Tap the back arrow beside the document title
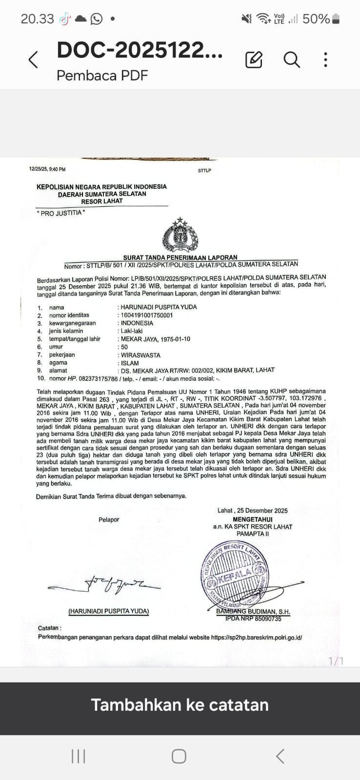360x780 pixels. point(33,60)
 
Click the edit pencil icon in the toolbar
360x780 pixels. point(254,59)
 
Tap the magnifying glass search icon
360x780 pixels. point(291,59)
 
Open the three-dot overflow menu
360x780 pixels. point(325,59)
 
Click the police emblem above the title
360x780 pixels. point(180,235)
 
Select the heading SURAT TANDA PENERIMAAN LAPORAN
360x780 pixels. point(180,257)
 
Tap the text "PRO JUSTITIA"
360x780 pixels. point(61,213)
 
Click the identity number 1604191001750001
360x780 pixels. point(147,315)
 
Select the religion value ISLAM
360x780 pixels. point(130,363)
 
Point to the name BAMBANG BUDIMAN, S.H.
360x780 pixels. point(253,611)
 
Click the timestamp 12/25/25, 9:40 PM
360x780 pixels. point(47,169)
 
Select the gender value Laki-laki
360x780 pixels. point(132,331)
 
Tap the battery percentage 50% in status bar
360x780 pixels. point(316,19)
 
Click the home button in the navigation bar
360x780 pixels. point(179,756)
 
